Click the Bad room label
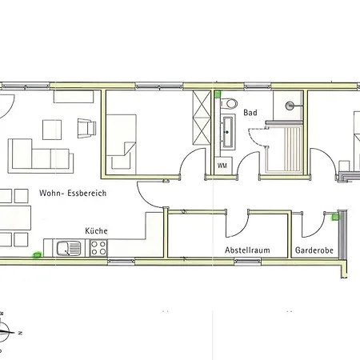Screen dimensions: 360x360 pyautogui.click(x=250, y=113)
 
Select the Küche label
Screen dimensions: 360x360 pyautogui.click(x=96, y=230)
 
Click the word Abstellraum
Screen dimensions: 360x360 pyautogui.click(x=247, y=250)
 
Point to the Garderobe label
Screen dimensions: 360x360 pyautogui.click(x=314, y=250)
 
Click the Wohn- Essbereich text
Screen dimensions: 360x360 pyautogui.click(x=73, y=193)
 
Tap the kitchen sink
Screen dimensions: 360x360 pyautogui.click(x=69, y=248)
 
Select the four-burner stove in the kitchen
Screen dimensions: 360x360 pyautogui.click(x=98, y=248)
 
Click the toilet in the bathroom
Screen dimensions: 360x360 pyautogui.click(x=229, y=103)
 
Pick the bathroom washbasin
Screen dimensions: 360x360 pyautogui.click(x=228, y=132)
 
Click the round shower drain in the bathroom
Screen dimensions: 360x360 pyautogui.click(x=290, y=106)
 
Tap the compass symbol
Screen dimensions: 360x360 pyautogui.click(x=5, y=332)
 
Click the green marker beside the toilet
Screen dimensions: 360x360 pyautogui.click(x=218, y=94)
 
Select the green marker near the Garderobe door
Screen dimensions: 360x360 pyautogui.click(x=335, y=218)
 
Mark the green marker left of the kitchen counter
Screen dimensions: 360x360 pyautogui.click(x=38, y=255)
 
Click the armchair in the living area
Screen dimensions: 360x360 pyautogui.click(x=86, y=128)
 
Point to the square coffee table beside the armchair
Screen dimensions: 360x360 pyautogui.click(x=52, y=130)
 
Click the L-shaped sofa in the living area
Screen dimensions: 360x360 pyautogui.click(x=41, y=156)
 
